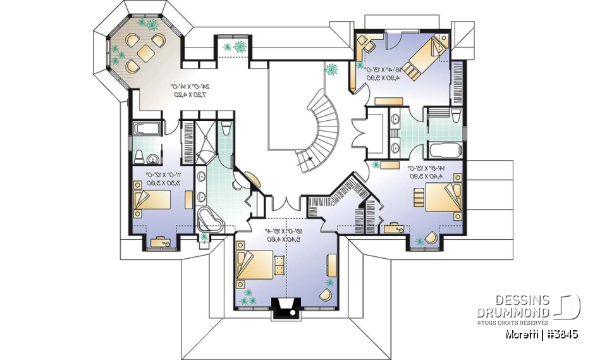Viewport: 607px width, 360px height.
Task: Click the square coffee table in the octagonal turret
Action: [x=145, y=53]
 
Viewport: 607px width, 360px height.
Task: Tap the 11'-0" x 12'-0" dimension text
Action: [x=161, y=178]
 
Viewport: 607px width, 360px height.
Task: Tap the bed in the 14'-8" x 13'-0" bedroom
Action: [x=443, y=199]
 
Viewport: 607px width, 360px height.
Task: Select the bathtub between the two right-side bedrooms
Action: [x=446, y=151]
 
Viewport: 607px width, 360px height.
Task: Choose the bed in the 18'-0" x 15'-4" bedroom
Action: [x=256, y=264]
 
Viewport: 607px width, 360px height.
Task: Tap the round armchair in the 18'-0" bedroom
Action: [x=327, y=295]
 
